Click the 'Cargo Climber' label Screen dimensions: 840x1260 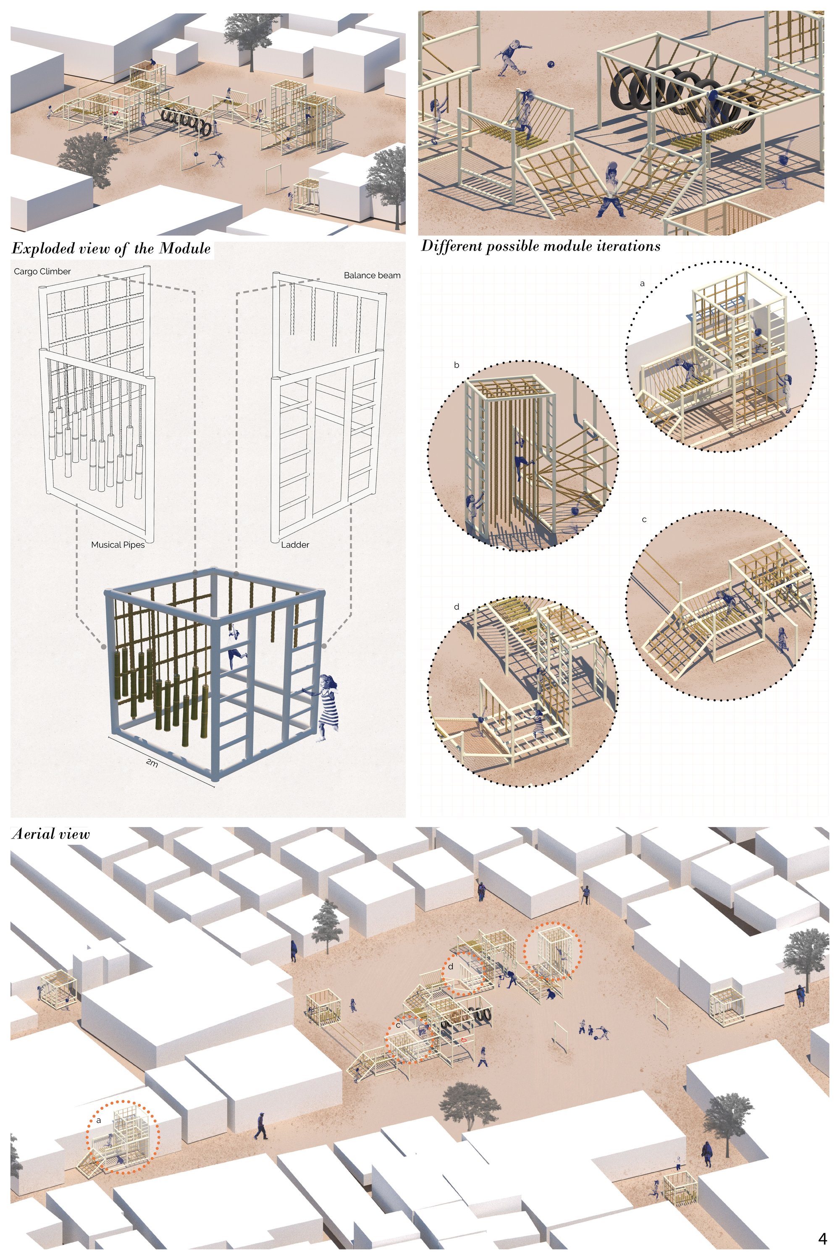[42, 272]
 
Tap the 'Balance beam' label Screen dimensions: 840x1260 [372, 275]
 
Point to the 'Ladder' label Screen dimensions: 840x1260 [295, 545]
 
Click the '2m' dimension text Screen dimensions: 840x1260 [152, 764]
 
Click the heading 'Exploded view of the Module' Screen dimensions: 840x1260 [111, 249]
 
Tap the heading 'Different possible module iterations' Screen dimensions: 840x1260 [541, 246]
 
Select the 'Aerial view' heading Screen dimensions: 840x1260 [50, 834]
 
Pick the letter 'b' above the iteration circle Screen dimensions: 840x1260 [457, 366]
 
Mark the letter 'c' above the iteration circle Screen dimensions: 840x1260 [644, 520]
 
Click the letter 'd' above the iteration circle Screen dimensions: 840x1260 [457, 607]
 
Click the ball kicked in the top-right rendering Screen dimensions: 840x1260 [551, 64]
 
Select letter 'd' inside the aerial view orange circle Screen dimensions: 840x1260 [451, 967]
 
